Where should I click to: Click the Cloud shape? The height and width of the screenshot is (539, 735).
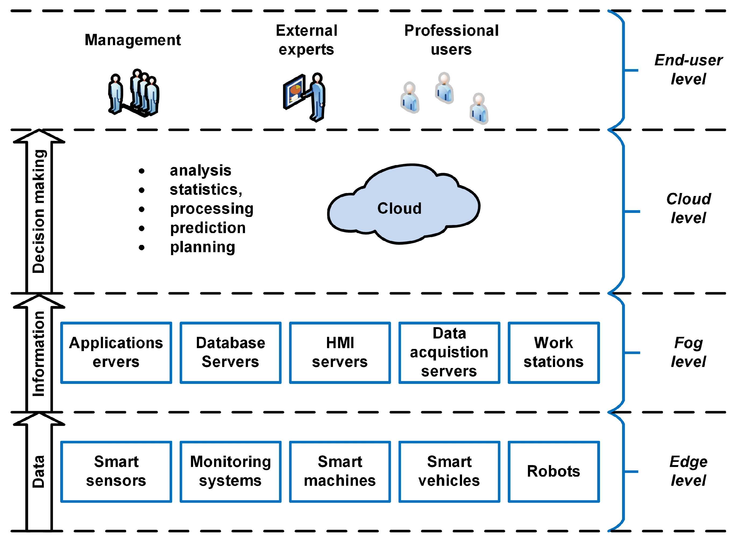coord(403,204)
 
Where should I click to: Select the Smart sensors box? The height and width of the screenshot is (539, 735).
coord(116,471)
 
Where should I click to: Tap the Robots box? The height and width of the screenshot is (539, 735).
coord(553,471)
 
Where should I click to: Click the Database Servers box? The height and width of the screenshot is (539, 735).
coord(230,352)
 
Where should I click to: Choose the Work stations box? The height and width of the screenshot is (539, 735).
coord(553,352)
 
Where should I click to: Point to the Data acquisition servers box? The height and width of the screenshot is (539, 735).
coord(449,352)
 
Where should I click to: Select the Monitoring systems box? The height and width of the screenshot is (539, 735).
coord(230,471)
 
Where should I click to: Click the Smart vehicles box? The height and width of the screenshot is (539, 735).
coord(449,471)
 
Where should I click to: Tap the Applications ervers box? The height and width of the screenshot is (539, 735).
coord(116,352)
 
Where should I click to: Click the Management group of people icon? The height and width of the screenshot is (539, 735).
coord(134,93)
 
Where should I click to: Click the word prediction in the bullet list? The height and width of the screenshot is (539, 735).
coord(208,228)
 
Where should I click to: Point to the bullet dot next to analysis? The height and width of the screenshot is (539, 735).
coord(141,171)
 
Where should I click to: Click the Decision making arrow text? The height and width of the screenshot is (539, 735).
coord(39,211)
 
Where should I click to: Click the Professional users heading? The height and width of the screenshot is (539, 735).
coord(451,40)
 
